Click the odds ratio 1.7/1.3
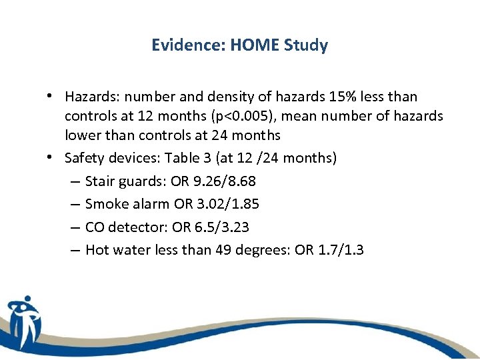tap(338, 251)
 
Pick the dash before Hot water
tap(74, 251)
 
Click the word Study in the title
tap(305, 45)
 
